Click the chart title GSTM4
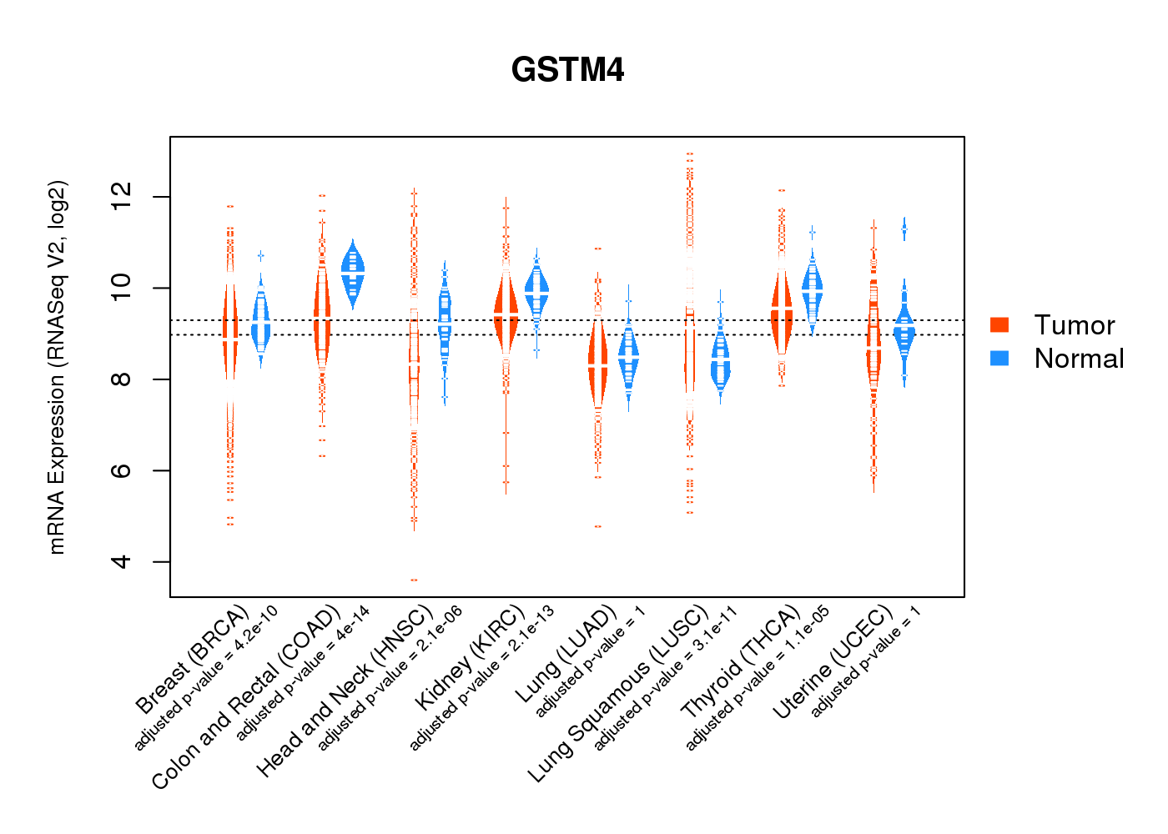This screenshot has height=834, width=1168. point(567,70)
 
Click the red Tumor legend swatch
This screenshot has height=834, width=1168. point(999,325)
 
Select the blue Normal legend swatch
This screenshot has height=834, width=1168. point(999,358)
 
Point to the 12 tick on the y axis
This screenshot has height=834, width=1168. point(122,197)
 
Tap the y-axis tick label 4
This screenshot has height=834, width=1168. point(122,561)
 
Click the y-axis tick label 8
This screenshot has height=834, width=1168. point(122,379)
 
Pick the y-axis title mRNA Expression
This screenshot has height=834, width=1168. point(57,367)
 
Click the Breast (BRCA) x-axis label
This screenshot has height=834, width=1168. point(192,659)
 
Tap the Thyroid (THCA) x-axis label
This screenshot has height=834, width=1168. point(741,662)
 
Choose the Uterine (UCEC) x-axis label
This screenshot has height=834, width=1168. point(833,662)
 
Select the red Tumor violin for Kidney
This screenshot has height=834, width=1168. point(505,313)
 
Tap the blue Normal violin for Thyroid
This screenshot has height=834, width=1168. point(812,289)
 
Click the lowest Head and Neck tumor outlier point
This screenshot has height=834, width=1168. point(414,580)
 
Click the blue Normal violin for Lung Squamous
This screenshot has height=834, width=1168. point(720,364)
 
